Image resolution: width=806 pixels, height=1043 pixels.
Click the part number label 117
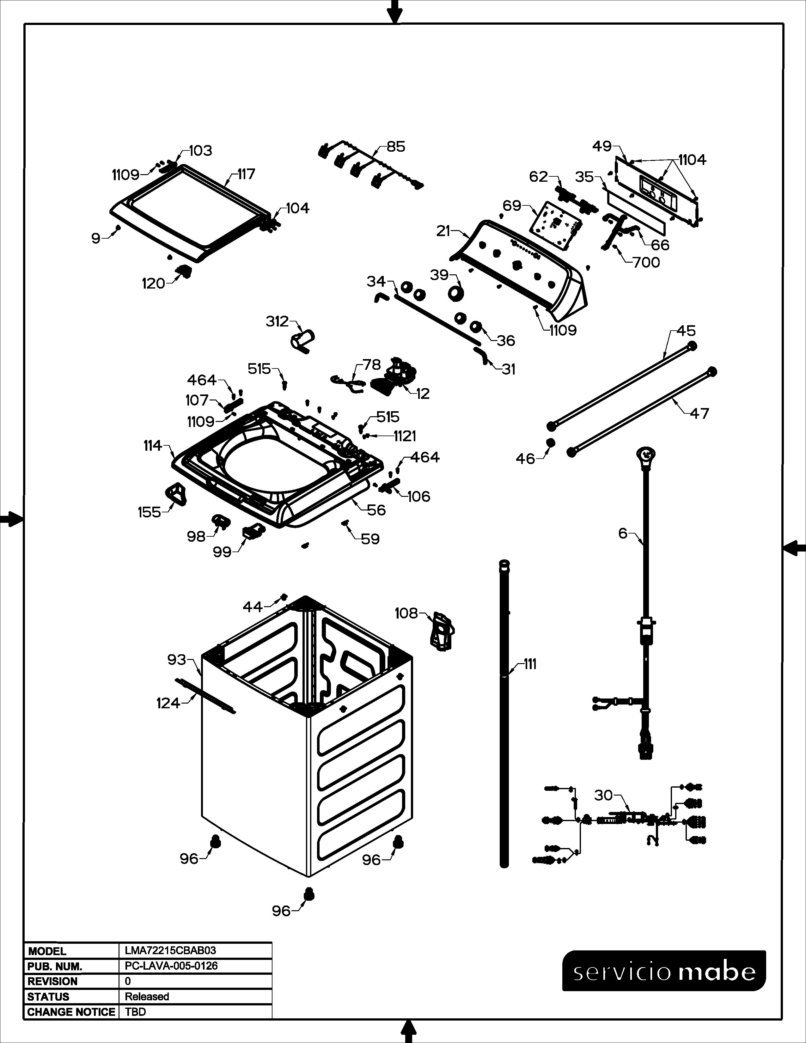(247, 174)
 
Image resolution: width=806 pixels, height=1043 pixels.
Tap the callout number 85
(396, 147)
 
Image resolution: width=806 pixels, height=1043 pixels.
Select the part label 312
(278, 321)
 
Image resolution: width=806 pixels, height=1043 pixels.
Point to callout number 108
(406, 613)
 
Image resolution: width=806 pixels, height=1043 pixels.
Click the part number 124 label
(168, 703)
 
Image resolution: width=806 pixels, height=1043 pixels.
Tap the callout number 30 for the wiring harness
(603, 795)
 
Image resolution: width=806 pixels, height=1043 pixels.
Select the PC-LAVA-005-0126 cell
(171, 966)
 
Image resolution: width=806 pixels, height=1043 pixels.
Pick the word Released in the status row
(147, 997)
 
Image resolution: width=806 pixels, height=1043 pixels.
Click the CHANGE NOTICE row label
(71, 1012)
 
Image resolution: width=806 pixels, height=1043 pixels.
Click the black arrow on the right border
(795, 548)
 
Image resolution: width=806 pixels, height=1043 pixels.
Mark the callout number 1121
(405, 436)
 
